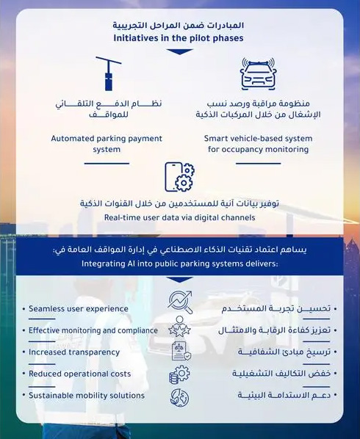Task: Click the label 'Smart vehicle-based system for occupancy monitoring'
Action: click(x=258, y=143)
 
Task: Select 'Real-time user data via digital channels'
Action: click(x=179, y=218)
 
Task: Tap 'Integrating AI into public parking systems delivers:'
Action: click(x=180, y=264)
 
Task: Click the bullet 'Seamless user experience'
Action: click(x=79, y=309)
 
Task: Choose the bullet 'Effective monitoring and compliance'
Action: click(x=92, y=330)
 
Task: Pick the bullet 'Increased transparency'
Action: click(x=74, y=352)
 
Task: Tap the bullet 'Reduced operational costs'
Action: click(x=79, y=374)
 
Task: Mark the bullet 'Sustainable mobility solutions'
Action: click(x=87, y=395)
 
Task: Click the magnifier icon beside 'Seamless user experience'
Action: click(x=179, y=302)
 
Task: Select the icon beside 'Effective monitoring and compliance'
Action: click(x=179, y=327)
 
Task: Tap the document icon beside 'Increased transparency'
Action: click(x=179, y=352)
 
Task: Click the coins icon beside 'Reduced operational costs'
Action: click(x=179, y=375)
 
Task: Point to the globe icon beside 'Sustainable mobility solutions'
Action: click(x=179, y=396)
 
